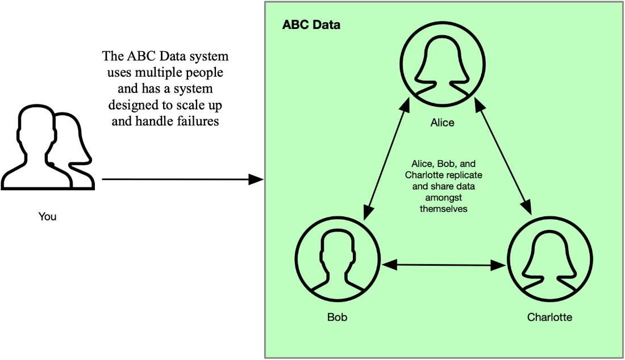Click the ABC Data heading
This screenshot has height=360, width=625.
pyautogui.click(x=311, y=24)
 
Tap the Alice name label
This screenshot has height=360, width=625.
pyautogui.click(x=442, y=123)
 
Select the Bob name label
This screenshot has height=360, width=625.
pyautogui.click(x=337, y=317)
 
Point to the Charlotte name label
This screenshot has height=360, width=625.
pyautogui.click(x=549, y=317)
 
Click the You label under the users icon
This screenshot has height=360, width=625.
pyautogui.click(x=47, y=217)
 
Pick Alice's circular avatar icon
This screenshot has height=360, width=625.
pyautogui.click(x=443, y=64)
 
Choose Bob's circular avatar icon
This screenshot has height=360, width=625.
pyautogui.click(x=337, y=259)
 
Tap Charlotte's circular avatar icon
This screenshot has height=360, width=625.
pyautogui.click(x=549, y=259)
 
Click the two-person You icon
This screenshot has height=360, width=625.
pyautogui.click(x=47, y=147)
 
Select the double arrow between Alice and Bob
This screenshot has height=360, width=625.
pyautogui.click(x=386, y=160)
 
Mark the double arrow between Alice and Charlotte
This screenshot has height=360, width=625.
pyautogui.click(x=503, y=157)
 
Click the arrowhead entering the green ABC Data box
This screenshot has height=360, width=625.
pyautogui.click(x=256, y=179)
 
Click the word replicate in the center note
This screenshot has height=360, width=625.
pyautogui.click(x=465, y=175)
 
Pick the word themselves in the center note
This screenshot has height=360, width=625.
pyautogui.click(x=443, y=208)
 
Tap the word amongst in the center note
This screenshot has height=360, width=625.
pyautogui.click(x=443, y=198)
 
